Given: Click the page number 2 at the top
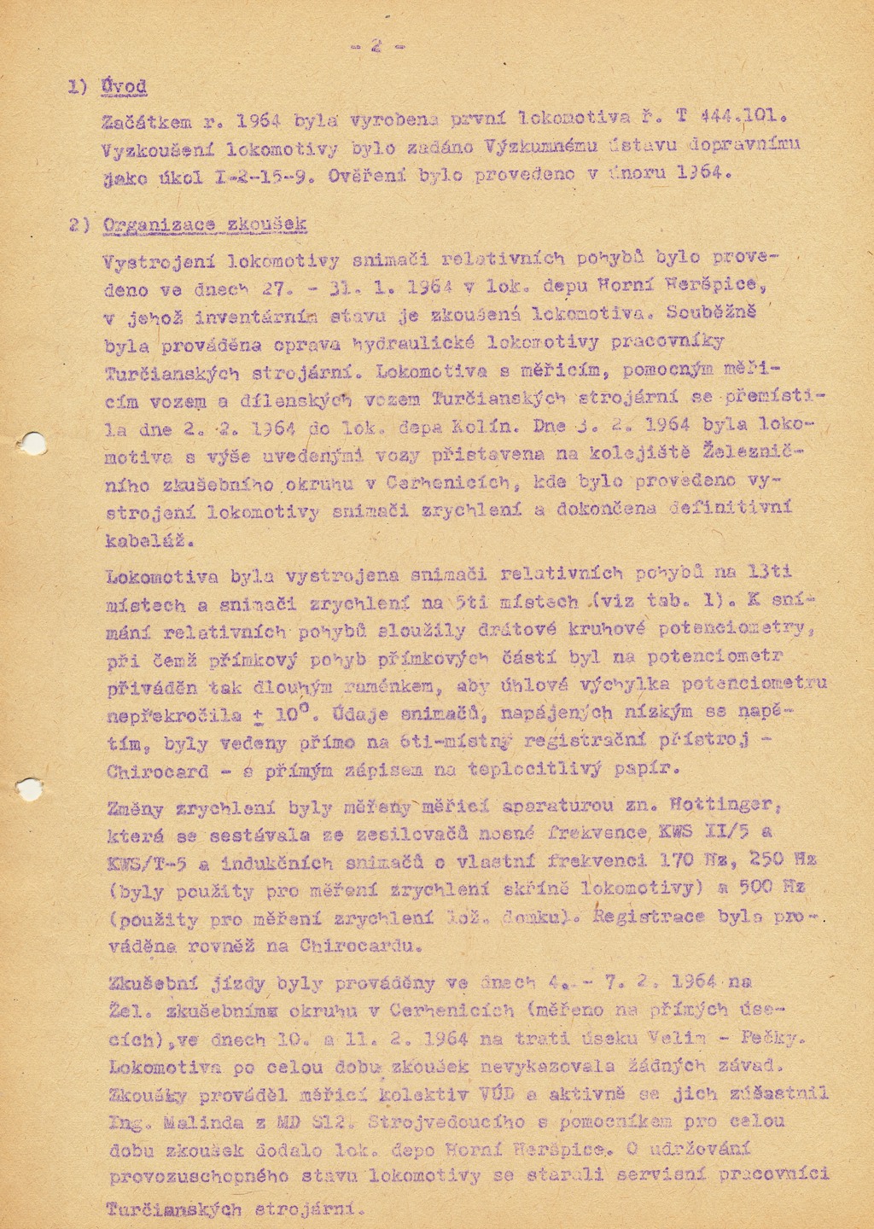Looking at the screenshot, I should [376, 47].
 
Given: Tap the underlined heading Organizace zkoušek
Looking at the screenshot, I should [204, 225].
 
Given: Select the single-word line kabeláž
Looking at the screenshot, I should [149, 540].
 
